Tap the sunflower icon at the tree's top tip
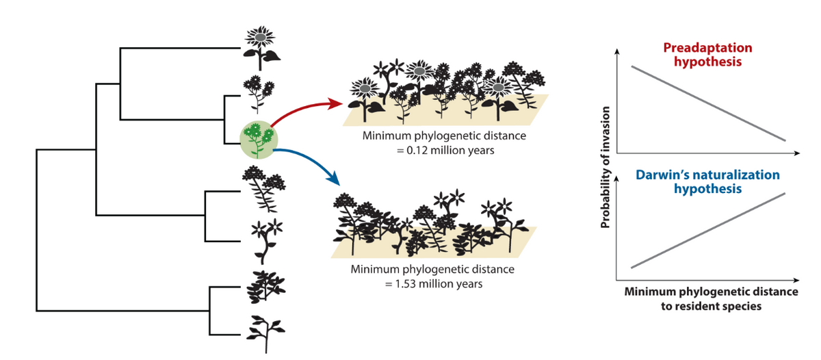coord(260,45)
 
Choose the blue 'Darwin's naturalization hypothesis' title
coord(707,181)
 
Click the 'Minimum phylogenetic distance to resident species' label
coord(711,299)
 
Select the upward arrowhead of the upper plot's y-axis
coord(618,52)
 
